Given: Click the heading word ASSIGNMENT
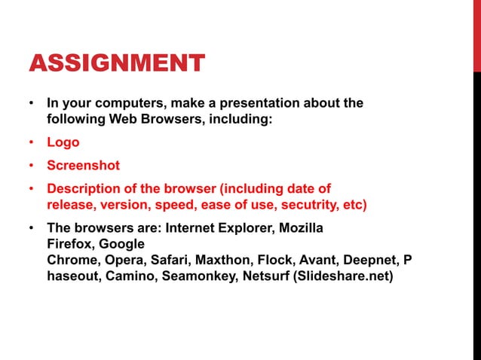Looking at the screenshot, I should click(116, 63).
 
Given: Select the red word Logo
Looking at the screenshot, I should click(63, 142).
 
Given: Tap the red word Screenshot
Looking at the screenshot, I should click(83, 165).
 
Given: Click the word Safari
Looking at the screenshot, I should click(170, 260).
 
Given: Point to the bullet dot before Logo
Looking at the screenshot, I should click(32, 142).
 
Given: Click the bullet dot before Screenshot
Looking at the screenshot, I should click(32, 166).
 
